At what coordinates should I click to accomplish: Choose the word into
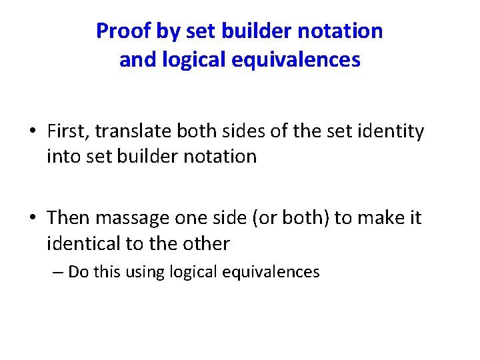(x=63, y=157)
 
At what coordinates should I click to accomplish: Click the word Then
(x=69, y=218)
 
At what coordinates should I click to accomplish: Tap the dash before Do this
(x=53, y=272)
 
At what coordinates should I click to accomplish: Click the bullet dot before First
(x=32, y=132)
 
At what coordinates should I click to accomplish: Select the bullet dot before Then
(x=32, y=219)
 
